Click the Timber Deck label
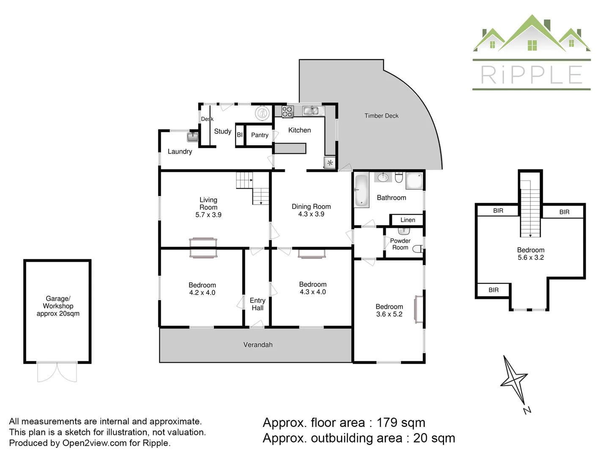381,116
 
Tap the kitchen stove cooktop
287,112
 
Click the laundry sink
192,137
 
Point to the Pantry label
260,135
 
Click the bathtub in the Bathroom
361,190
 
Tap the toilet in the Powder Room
417,249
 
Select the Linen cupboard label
408,220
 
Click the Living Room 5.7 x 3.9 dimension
208,215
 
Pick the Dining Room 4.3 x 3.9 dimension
311,214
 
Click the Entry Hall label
258,304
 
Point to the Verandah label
258,345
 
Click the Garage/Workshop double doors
57,372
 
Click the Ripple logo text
532,75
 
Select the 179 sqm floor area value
401,423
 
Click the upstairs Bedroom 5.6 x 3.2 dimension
531,258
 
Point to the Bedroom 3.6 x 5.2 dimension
389,314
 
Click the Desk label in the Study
207,119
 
